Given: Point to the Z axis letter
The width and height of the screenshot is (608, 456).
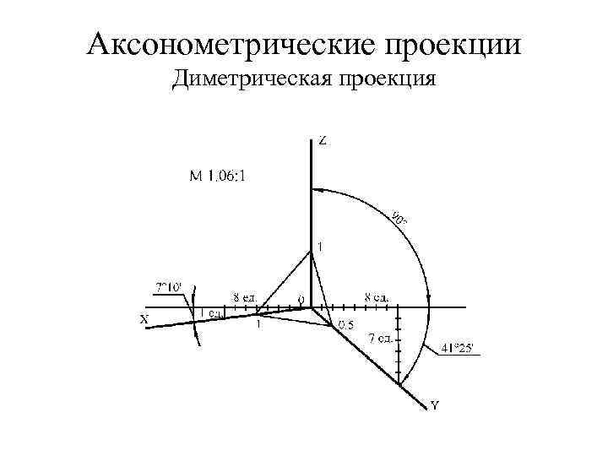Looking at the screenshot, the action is [x=323, y=141].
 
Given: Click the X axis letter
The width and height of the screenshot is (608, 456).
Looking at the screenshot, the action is [x=144, y=319].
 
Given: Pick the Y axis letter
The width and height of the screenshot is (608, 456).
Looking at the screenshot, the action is [x=434, y=405].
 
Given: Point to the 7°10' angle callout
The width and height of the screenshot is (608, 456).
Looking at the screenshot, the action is [x=167, y=287].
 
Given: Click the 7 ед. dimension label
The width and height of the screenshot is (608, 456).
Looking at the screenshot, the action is [x=382, y=339].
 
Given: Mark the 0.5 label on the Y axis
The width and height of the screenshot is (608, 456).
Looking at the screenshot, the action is [x=345, y=325].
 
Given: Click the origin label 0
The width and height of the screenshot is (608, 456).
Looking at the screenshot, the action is [x=300, y=300].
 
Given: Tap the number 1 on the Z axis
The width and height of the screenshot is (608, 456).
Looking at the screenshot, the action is [x=319, y=247].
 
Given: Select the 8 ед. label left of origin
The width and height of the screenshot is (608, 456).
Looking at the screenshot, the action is [x=246, y=296].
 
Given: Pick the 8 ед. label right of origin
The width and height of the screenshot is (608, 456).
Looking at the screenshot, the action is [x=377, y=296].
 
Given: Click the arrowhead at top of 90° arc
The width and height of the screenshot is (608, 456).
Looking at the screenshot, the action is [x=317, y=189].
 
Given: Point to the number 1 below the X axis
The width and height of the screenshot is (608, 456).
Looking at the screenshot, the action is [x=258, y=323].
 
